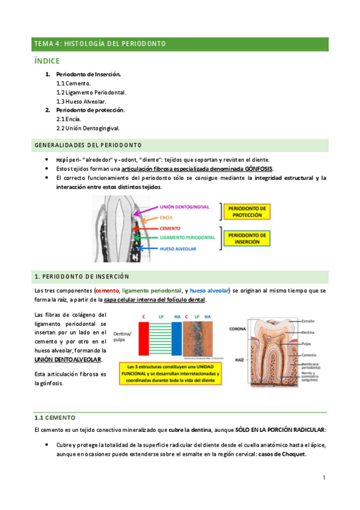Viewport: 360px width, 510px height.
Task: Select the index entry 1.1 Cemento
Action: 73,84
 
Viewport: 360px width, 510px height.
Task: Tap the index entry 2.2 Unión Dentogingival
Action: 88,128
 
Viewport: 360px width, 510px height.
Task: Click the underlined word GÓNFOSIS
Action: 255,168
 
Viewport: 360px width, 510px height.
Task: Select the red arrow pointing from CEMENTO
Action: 150,229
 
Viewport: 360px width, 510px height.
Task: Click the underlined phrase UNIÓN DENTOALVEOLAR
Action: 67,359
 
